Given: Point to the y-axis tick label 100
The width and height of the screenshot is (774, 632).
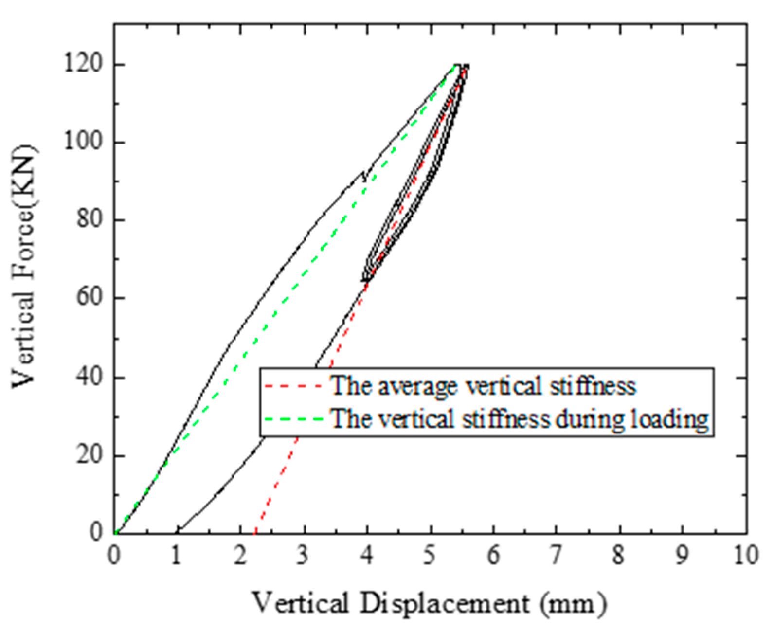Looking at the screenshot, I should [x=84, y=142].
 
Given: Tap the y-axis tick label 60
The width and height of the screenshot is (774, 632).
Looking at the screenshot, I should [x=90, y=298].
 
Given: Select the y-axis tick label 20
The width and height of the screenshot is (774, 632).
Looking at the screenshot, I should [x=90, y=455].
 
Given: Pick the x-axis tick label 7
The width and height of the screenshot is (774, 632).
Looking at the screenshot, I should [x=556, y=555].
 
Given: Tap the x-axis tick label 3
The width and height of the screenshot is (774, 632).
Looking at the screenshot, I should [x=303, y=555].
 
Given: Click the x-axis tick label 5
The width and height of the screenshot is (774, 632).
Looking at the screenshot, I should [x=430, y=555].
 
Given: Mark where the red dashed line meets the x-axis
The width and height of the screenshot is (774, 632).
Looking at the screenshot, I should [x=255, y=532].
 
